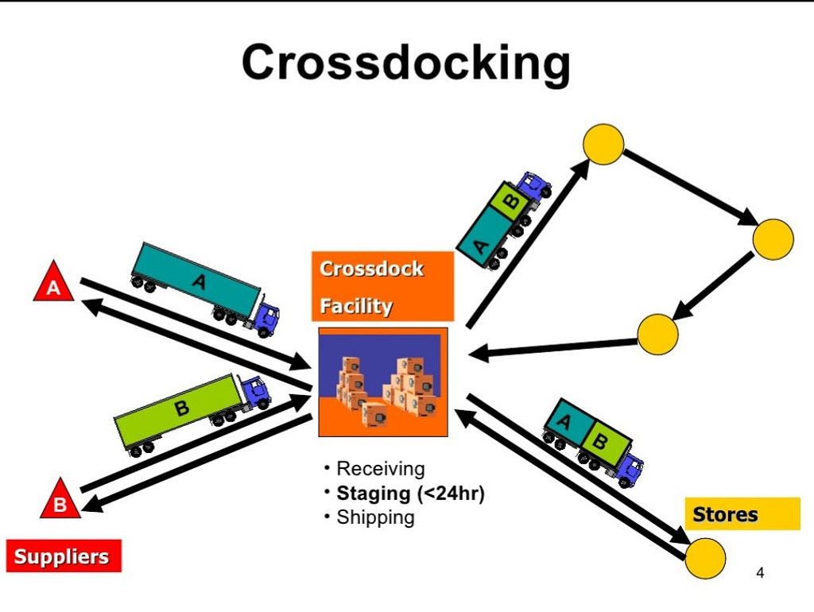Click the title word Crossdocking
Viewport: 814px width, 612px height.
click(405, 64)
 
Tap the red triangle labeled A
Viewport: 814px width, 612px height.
click(53, 284)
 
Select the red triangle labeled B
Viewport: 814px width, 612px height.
click(60, 499)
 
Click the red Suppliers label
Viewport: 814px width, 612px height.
click(64, 556)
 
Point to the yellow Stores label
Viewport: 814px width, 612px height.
click(742, 514)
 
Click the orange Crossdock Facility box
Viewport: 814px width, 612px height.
click(382, 287)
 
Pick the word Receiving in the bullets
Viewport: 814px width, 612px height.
click(381, 468)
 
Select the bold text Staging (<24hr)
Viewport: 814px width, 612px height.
click(410, 493)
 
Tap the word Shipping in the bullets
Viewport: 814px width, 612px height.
click(375, 517)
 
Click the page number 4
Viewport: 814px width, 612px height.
click(760, 573)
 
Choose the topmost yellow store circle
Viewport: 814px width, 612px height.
click(603, 145)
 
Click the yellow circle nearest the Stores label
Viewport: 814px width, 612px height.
click(705, 558)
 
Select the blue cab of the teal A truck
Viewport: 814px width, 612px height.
click(266, 316)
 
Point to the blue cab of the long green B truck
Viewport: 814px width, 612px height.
click(257, 391)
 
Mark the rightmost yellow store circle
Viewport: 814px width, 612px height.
click(773, 239)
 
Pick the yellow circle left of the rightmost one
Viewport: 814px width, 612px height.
click(657, 335)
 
